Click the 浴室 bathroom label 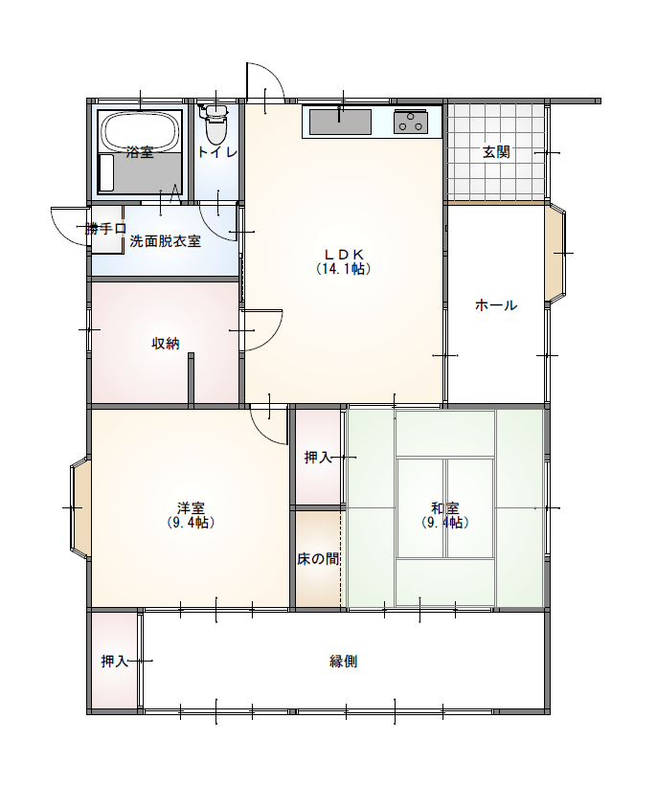click(x=140, y=152)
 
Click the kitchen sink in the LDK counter click(x=340, y=122)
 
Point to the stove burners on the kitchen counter click(x=412, y=122)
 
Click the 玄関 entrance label click(x=496, y=151)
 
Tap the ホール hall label click(x=496, y=305)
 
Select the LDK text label click(x=344, y=254)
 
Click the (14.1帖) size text click(x=344, y=269)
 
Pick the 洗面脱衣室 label click(x=166, y=241)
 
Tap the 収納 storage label click(x=166, y=343)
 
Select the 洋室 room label click(x=190, y=508)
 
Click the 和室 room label click(x=445, y=508)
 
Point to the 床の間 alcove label click(x=318, y=559)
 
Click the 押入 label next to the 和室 click(x=318, y=458)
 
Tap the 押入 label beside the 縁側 click(x=115, y=662)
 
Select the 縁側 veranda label click(x=344, y=662)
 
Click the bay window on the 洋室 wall click(x=80, y=507)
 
